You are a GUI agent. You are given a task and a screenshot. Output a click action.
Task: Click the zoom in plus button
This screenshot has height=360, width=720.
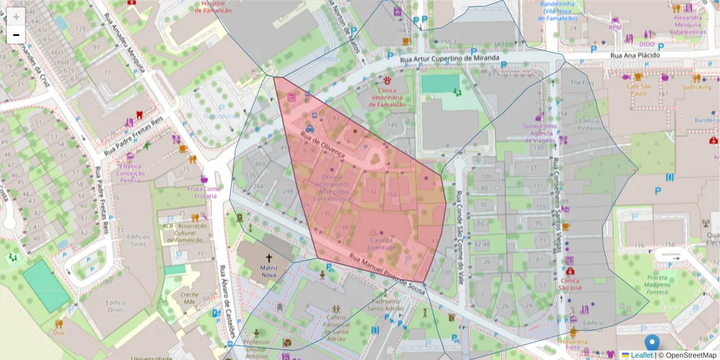(16, 17)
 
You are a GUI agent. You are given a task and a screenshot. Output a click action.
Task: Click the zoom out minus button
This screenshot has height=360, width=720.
(16, 35)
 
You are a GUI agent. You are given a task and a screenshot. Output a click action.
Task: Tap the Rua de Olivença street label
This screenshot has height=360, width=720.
(323, 146)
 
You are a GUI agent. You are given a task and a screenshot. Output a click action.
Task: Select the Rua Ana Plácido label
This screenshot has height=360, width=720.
(635, 55)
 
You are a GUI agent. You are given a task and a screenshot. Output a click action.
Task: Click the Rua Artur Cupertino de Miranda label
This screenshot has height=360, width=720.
(449, 58)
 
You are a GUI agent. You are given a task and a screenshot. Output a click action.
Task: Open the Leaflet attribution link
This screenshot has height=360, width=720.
(641, 355)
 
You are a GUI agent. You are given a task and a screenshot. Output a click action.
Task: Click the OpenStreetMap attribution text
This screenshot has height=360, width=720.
(691, 355)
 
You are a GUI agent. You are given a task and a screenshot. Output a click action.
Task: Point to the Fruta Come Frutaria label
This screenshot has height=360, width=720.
(204, 192)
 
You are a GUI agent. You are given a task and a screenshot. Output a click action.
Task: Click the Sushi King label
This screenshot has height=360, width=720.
(696, 88)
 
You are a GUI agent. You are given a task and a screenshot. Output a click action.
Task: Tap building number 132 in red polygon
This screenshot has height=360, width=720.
(371, 191)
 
